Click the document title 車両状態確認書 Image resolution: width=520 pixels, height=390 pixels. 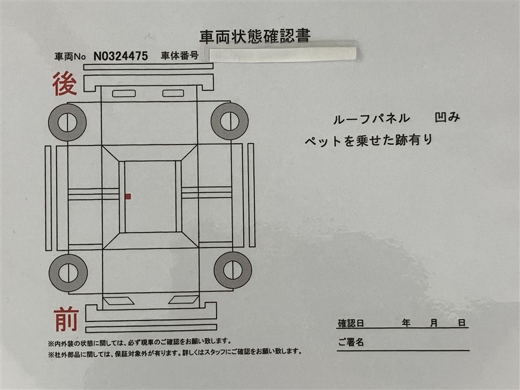click(255, 36)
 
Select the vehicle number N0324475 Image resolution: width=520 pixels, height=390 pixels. click(121, 56)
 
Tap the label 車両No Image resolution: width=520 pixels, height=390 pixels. click(70, 57)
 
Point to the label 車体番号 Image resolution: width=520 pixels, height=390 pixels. click(179, 56)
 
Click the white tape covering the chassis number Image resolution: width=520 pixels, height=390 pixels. click(283, 55)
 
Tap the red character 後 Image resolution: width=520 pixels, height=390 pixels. click(64, 84)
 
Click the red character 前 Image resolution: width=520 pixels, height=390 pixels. click(66, 319)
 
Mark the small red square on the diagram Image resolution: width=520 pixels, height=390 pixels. click(128, 197)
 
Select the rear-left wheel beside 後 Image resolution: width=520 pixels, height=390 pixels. click(68, 122)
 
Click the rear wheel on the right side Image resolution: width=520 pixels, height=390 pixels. click(229, 121)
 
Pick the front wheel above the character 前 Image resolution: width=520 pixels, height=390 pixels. click(68, 273)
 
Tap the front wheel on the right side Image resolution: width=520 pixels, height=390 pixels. click(233, 270)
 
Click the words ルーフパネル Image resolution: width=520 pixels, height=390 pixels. click(371, 119)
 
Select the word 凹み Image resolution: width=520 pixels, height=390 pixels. click(447, 117)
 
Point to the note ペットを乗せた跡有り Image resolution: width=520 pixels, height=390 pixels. click(369, 140)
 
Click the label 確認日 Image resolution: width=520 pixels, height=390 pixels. click(351, 323)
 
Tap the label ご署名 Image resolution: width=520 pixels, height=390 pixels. click(351, 342)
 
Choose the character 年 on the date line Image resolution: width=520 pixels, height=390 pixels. click(406, 322)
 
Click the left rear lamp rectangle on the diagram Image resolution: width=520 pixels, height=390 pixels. click(124, 94)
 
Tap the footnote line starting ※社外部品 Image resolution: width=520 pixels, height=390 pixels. click(175, 352)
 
